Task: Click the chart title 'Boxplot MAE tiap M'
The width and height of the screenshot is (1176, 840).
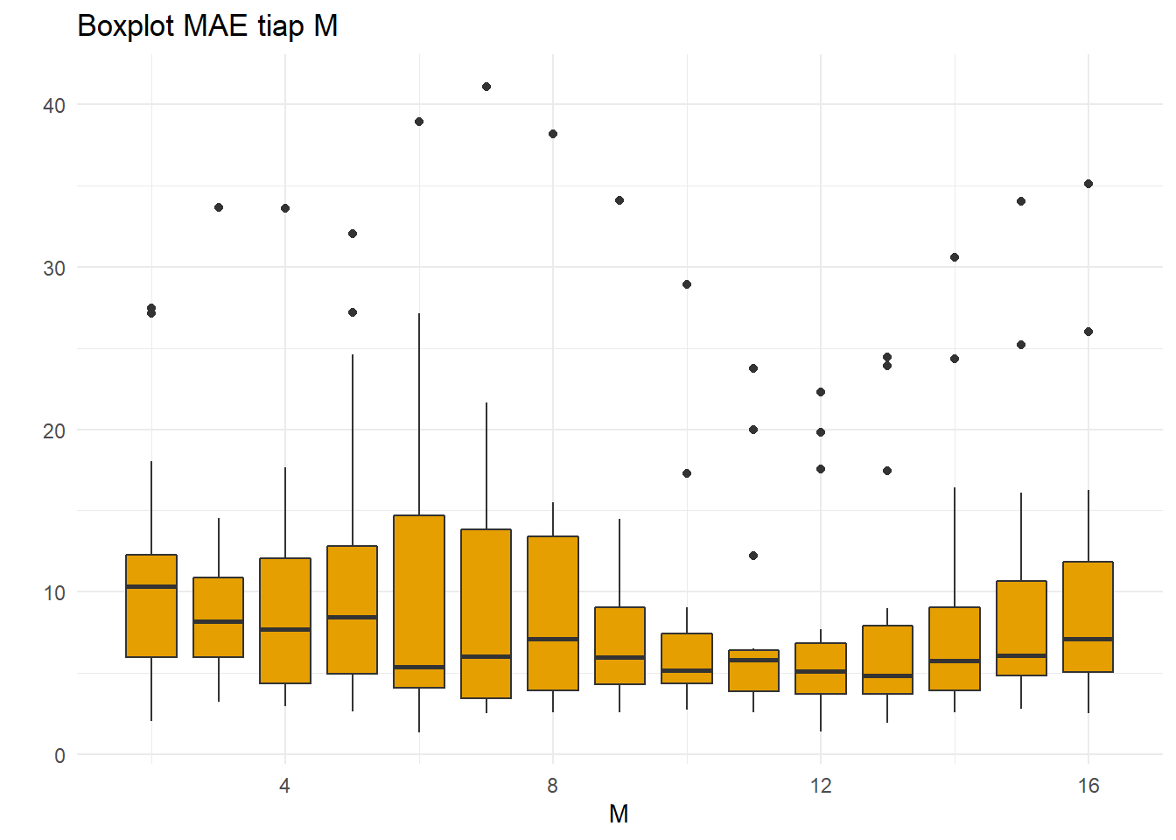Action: click(207, 26)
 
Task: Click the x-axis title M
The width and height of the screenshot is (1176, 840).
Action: click(619, 815)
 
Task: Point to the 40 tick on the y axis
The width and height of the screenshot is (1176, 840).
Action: click(54, 106)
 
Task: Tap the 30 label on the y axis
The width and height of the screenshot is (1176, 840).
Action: click(54, 269)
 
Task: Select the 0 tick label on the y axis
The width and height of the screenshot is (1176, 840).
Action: click(59, 756)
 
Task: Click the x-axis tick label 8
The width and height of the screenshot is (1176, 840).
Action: click(552, 786)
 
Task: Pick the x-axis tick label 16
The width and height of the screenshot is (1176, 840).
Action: click(1088, 786)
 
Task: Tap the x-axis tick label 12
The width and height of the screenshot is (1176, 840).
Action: click(820, 786)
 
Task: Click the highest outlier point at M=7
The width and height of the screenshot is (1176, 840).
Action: click(486, 87)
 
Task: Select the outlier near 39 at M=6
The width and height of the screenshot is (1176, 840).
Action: click(419, 122)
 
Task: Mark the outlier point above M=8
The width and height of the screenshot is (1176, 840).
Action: click(553, 134)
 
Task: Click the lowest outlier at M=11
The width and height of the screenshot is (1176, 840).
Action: click(753, 556)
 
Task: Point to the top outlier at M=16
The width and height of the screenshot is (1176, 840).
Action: click(1088, 184)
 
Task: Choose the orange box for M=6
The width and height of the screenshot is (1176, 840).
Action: click(419, 595)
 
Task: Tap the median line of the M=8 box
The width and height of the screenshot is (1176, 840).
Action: click(553, 639)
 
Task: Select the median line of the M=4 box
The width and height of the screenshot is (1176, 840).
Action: click(285, 629)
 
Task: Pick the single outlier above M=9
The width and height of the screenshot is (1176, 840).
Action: click(619, 200)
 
